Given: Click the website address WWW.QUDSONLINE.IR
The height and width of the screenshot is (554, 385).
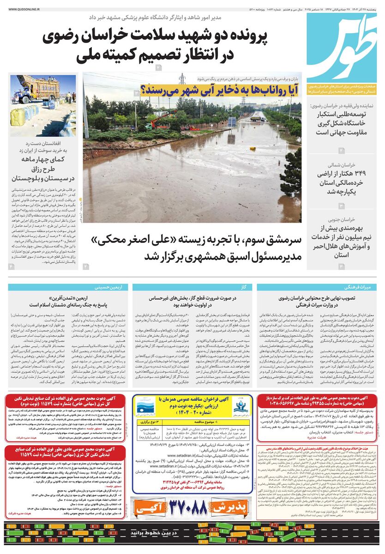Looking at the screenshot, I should point(23,8).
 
